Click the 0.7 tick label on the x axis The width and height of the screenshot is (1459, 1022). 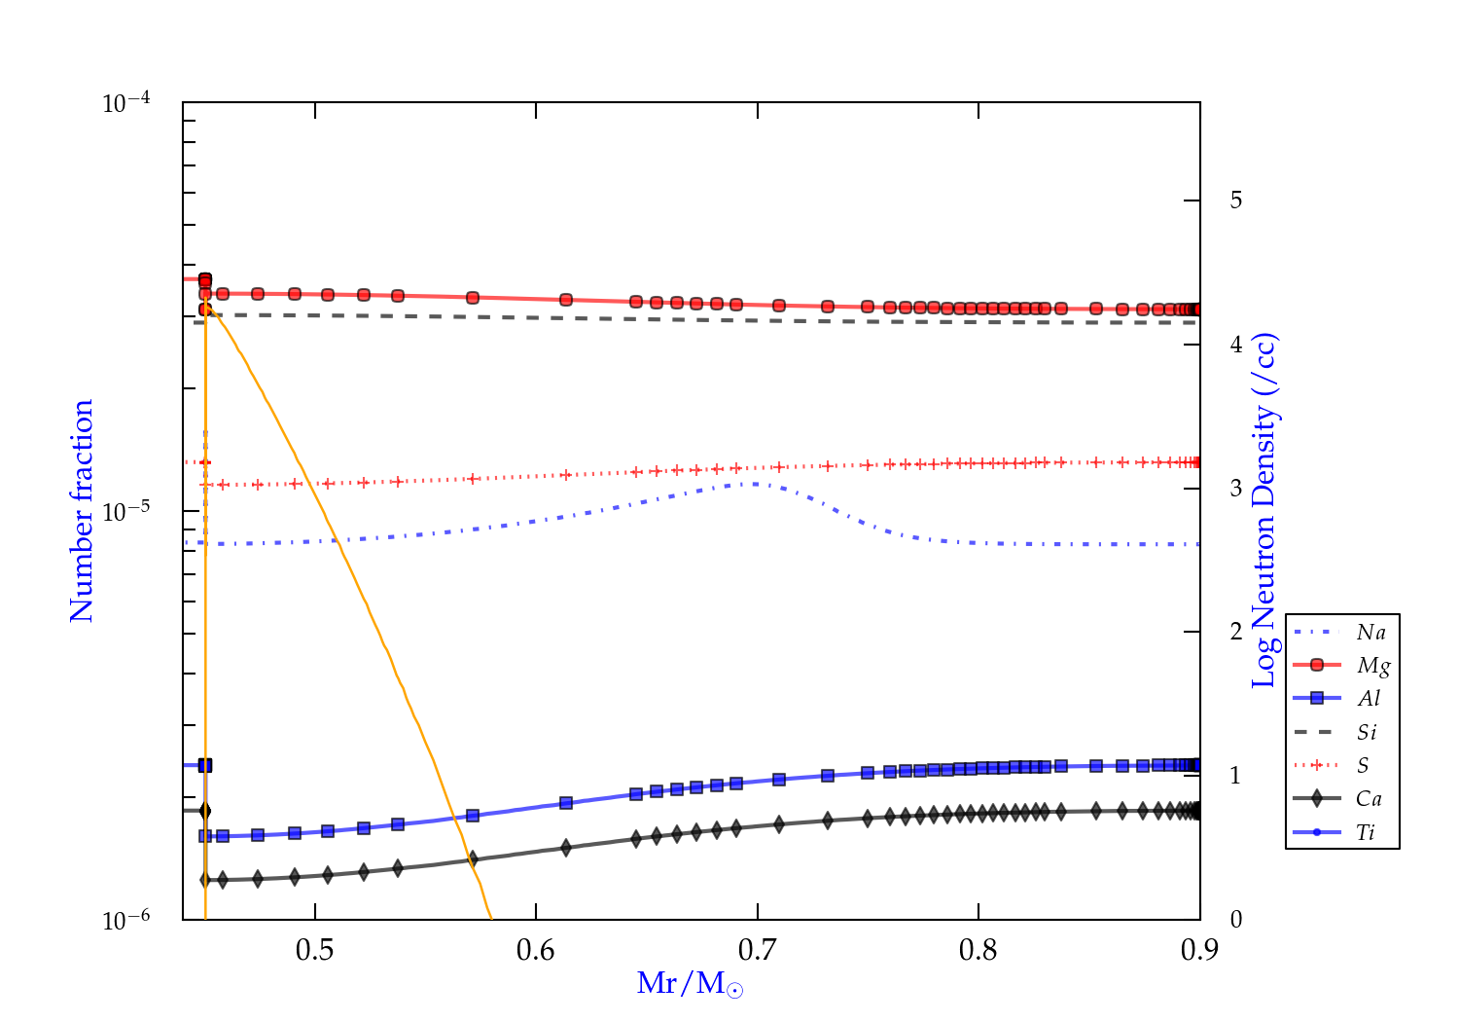tap(757, 950)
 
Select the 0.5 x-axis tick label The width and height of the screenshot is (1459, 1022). tap(314, 950)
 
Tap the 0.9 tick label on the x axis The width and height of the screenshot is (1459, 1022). tap(1199, 950)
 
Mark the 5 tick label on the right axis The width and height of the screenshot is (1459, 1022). tap(1235, 201)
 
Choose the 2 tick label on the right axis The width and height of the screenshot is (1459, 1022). tap(1235, 632)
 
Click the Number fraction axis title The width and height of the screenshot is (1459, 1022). tap(82, 510)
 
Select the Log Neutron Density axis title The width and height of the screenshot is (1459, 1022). tap(1264, 510)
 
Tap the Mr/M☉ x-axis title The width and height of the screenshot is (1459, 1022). tap(691, 984)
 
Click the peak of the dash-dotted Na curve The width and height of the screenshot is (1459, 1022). tap(754, 483)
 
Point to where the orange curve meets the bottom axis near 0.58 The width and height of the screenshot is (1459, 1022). tap(491, 918)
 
